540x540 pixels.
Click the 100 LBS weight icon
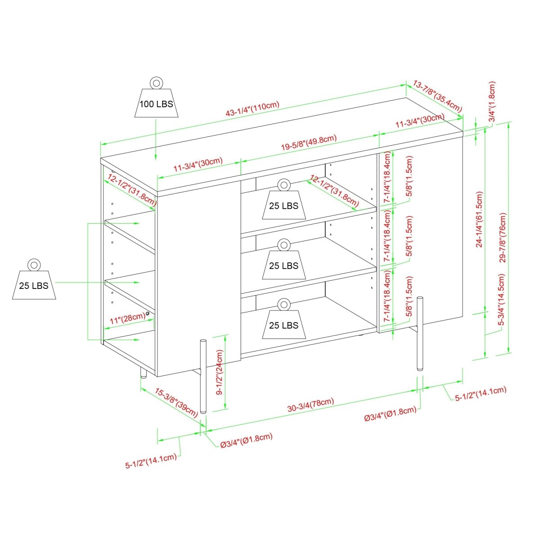coord(156,103)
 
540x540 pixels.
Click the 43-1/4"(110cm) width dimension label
coord(253,112)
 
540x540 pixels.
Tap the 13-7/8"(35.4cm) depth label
coord(437,96)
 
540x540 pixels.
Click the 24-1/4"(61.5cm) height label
coord(479,220)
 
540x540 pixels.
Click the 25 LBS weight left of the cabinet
coord(34,284)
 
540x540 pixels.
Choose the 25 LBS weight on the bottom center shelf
coord(283,324)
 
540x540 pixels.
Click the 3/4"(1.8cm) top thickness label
coord(492,102)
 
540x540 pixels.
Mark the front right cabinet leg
coord(420,333)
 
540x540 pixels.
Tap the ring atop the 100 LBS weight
coord(156,83)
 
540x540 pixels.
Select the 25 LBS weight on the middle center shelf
coord(283,265)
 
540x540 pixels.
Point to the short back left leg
coord(144,372)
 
